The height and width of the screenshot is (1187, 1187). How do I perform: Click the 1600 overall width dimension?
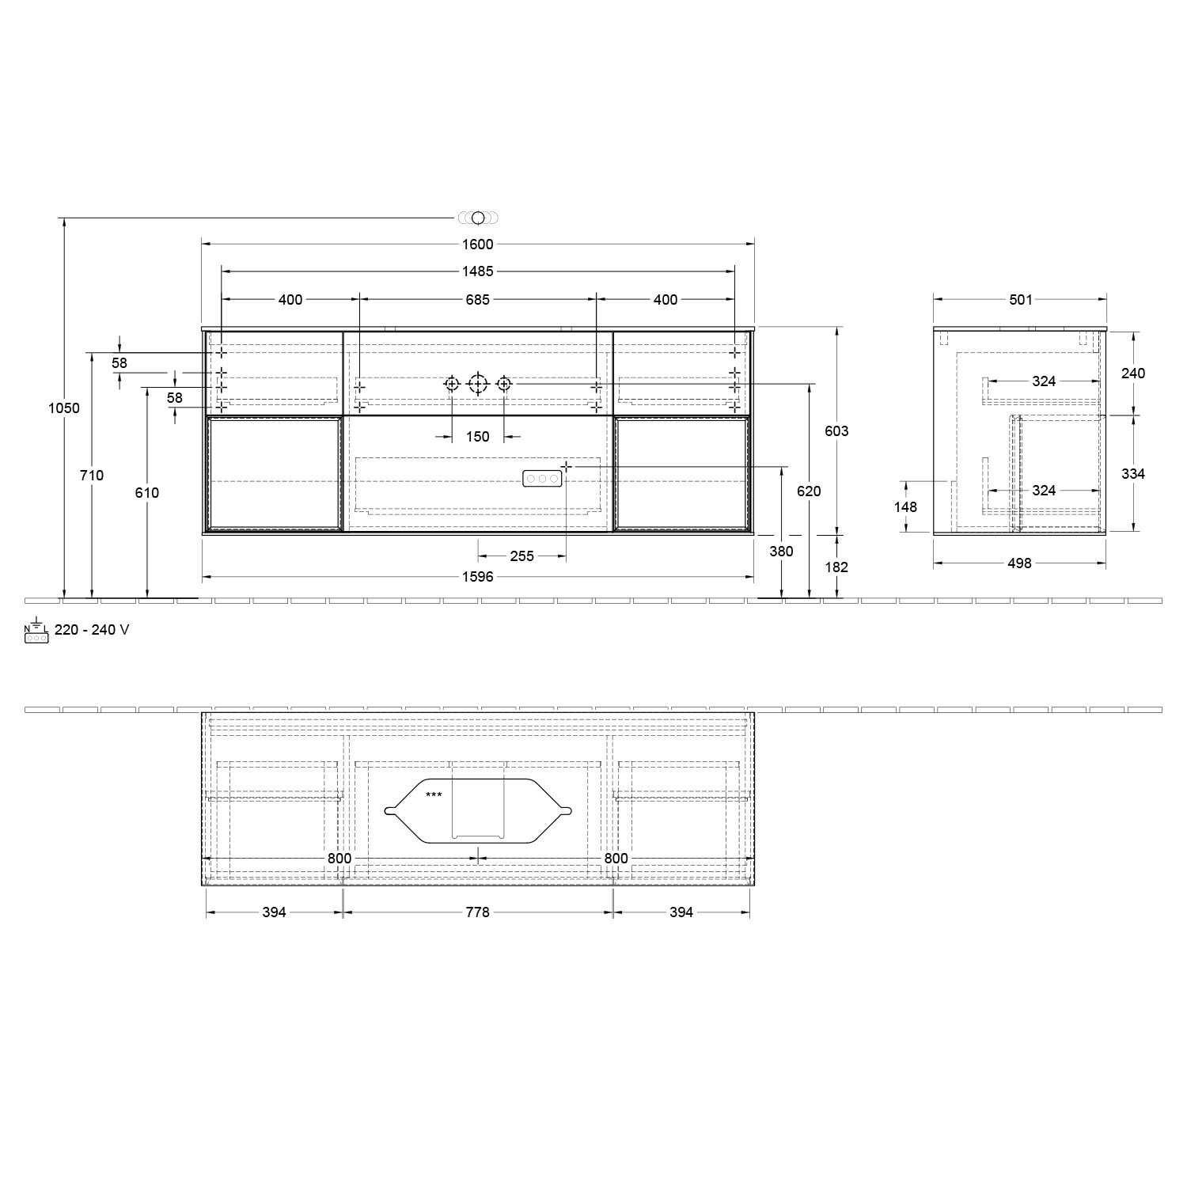pos(477,245)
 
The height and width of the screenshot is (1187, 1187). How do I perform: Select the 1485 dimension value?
pos(477,271)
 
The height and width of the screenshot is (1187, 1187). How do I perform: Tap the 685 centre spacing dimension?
pos(477,299)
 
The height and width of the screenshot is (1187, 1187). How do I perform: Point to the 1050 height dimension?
pos(64,408)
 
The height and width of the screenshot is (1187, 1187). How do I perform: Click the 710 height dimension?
pos(92,476)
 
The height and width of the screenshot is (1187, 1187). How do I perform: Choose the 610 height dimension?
pos(147,492)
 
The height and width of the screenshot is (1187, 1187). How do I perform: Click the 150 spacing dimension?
pos(477,437)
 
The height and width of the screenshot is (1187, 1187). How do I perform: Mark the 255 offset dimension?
pos(521,556)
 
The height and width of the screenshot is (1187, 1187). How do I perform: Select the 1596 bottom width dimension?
pos(477,577)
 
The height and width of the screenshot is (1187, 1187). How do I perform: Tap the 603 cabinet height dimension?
pos(836,431)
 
